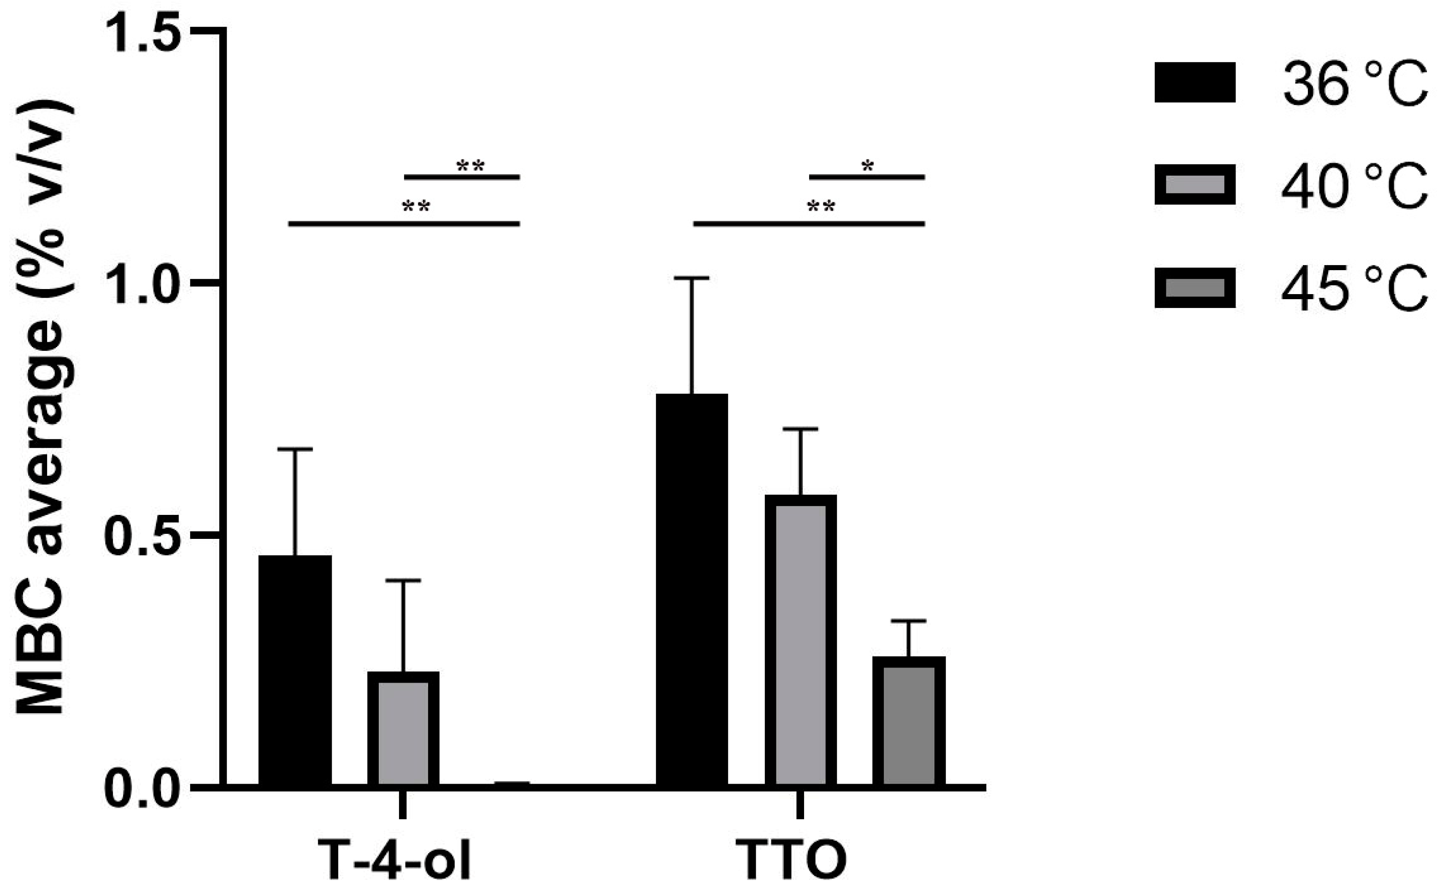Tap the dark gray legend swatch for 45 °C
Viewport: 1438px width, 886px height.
(x=1194, y=288)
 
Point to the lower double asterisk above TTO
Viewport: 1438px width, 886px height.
(x=821, y=207)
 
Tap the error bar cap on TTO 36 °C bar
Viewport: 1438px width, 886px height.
(x=692, y=278)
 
